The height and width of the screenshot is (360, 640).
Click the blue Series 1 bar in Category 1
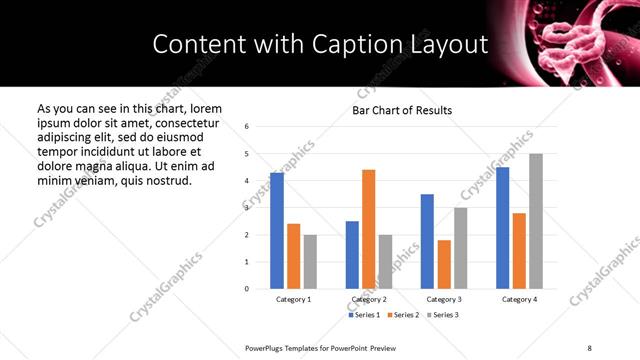coord(277,231)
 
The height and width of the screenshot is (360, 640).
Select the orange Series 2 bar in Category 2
coord(368,229)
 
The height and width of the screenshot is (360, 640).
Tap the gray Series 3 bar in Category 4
coord(536,221)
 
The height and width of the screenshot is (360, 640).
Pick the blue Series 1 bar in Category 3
coord(427,241)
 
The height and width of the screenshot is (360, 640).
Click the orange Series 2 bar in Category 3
coord(444,264)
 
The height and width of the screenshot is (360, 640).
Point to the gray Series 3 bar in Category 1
coord(310,262)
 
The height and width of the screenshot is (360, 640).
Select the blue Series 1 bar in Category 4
coord(502,228)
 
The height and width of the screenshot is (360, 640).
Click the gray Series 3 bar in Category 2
coord(385,262)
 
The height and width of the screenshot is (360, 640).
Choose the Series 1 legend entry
coord(364,315)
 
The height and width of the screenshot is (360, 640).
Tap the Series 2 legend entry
coord(402,315)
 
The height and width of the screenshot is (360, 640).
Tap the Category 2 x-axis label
coord(368,299)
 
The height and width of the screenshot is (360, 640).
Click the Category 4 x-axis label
coord(519,299)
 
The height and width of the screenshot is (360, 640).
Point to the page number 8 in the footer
coord(590,347)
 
